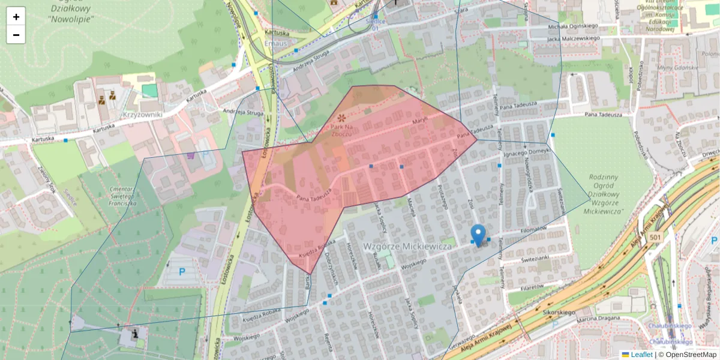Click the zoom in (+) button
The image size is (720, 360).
pyautogui.click(x=16, y=17)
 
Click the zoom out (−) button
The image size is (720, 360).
pyautogui.click(x=16, y=35)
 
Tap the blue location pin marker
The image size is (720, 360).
pyautogui.click(x=478, y=235)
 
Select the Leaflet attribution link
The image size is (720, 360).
pyautogui.click(x=641, y=355)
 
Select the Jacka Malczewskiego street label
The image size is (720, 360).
pyautogui.click(x=574, y=39)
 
